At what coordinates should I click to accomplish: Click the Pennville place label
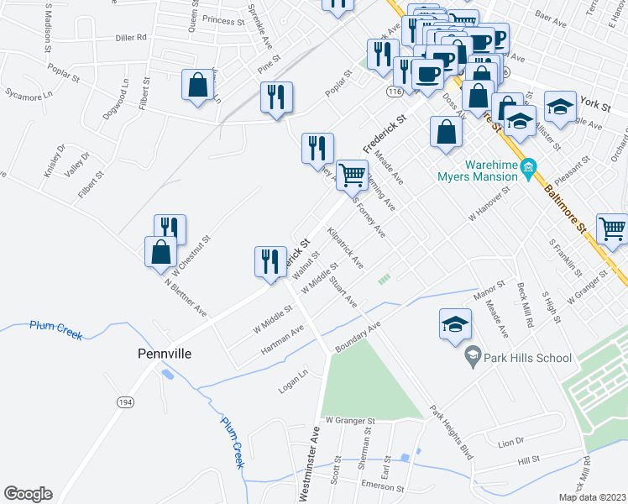[165, 354]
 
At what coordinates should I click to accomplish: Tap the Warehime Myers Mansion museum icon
[529, 168]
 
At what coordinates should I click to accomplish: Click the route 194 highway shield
[125, 404]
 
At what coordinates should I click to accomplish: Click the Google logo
[28, 494]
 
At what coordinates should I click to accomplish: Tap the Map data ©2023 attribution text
[592, 497]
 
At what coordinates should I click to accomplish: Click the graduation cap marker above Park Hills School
[454, 324]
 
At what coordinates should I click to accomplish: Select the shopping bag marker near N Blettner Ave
[160, 251]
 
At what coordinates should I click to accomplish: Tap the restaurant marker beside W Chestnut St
[170, 228]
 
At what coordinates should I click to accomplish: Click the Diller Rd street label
[131, 37]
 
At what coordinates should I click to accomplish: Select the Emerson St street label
[381, 486]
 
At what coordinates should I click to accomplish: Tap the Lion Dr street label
[510, 441]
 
